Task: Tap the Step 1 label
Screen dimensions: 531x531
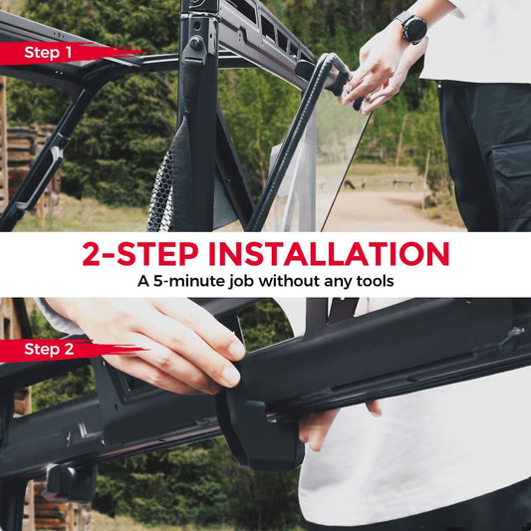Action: click(x=48, y=53)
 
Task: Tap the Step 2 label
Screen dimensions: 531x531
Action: click(x=49, y=349)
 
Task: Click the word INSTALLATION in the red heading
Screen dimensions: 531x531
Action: click(x=329, y=254)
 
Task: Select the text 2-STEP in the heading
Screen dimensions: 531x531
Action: click(x=140, y=254)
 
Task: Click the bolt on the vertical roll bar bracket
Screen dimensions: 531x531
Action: click(x=195, y=42)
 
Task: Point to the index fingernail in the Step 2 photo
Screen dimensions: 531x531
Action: click(x=236, y=350)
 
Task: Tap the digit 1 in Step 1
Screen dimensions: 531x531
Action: click(x=68, y=53)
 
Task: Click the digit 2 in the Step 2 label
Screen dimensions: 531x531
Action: click(x=69, y=349)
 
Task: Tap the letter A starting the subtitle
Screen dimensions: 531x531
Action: click(x=143, y=281)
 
